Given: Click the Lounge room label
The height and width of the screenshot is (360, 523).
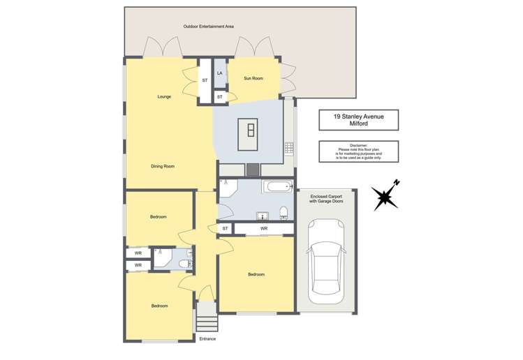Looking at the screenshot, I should (x=164, y=96).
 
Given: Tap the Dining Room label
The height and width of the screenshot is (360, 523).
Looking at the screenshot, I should (x=163, y=166).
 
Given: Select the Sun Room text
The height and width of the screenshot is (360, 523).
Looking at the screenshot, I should (x=253, y=79).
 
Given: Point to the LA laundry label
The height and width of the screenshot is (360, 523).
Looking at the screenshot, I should (x=220, y=73).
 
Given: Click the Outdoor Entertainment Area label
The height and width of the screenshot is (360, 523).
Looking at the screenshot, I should (x=208, y=27).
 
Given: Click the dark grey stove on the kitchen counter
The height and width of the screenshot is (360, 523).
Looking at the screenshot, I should (x=251, y=170).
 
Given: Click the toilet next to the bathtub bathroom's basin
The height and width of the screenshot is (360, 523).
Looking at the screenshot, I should (x=283, y=213).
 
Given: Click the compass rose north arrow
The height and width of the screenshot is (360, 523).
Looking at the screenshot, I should (x=385, y=195).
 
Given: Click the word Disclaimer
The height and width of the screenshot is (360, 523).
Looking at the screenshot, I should (x=358, y=144).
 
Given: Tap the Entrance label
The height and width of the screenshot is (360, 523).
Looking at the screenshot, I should (x=207, y=339).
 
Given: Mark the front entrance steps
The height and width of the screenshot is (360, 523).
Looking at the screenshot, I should (x=206, y=322).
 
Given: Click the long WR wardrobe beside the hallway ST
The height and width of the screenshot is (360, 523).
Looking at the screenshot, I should (x=263, y=229).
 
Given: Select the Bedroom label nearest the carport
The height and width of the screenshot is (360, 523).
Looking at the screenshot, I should (x=256, y=274).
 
